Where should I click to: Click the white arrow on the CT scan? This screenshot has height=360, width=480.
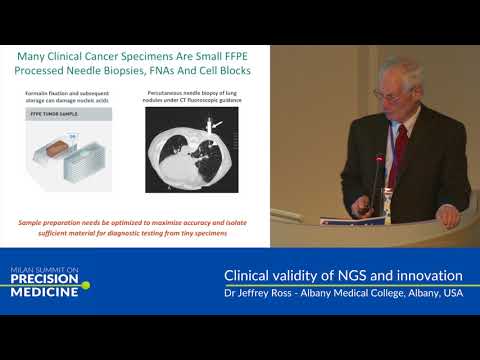point(214,124)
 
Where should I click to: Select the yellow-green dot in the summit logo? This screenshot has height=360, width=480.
point(86,285)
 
